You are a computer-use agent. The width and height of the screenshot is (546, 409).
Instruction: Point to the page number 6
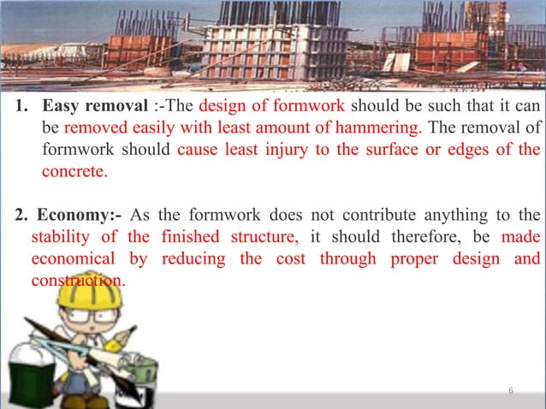click(510, 391)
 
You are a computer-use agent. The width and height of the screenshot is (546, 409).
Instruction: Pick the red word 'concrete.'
click(75, 170)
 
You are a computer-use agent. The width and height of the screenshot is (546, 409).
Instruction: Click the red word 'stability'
click(62, 235)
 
